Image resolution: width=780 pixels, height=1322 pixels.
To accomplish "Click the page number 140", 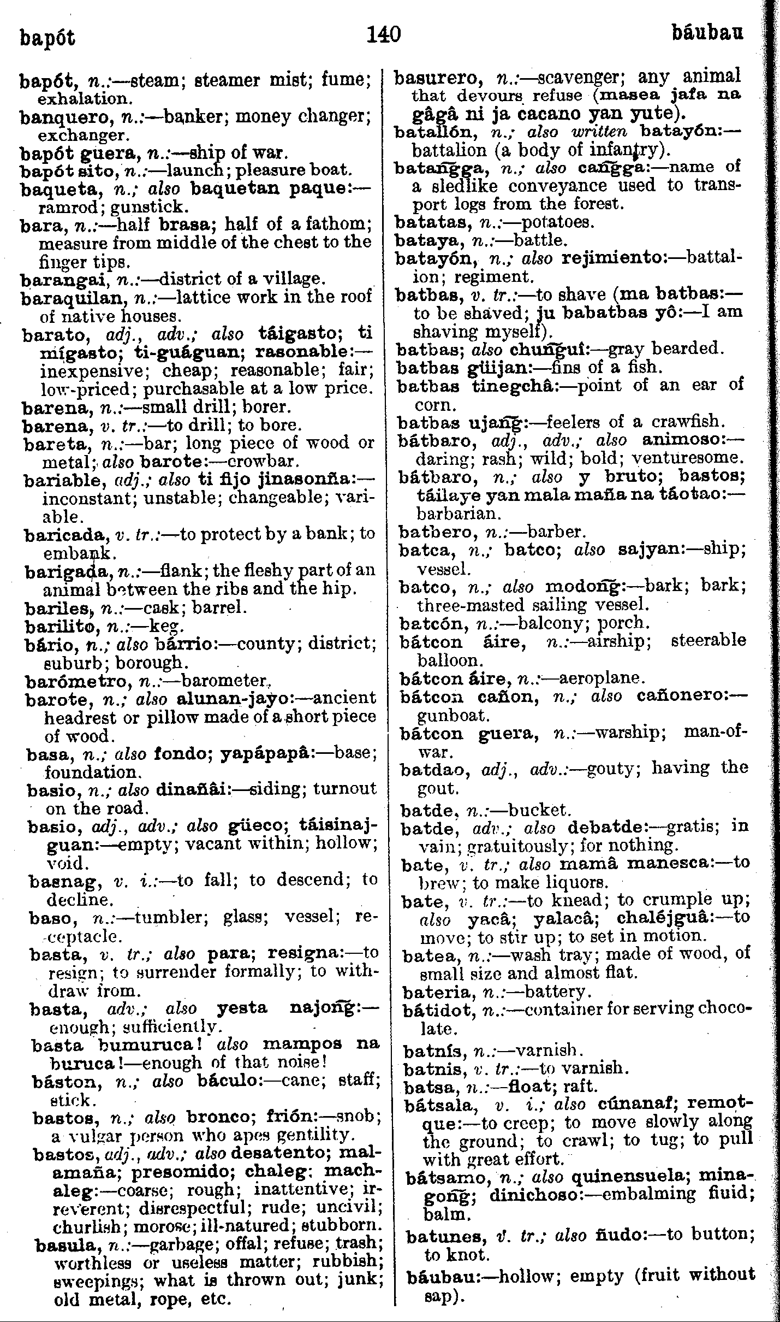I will point(384,34).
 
